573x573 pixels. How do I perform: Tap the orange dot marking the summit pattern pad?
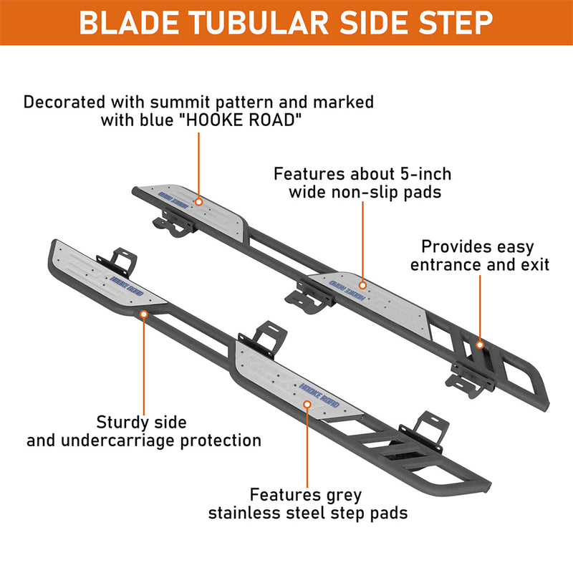tap(199, 202)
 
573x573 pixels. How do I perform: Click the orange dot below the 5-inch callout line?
tap(362, 285)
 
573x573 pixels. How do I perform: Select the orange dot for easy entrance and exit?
tap(480, 345)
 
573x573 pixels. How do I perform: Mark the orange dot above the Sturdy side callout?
tap(144, 314)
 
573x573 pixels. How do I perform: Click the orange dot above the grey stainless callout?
tap(307, 404)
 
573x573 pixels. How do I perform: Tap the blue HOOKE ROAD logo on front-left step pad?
tap(127, 285)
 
